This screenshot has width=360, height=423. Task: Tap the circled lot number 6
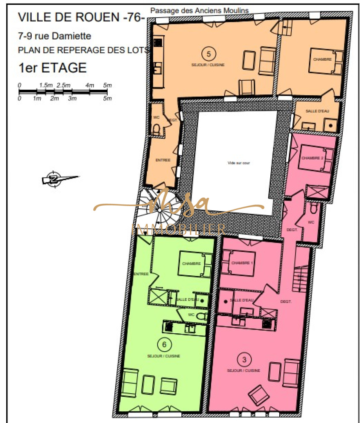(x=164, y=344)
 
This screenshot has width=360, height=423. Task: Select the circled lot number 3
(x=244, y=359)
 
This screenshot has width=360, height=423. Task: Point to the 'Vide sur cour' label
(x=239, y=163)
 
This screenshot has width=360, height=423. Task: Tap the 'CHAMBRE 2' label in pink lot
(x=312, y=158)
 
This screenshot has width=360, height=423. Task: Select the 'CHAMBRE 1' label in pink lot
(x=242, y=262)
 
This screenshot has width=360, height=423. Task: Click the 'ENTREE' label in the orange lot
(x=163, y=160)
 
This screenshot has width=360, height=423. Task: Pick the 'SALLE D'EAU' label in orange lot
(x=317, y=111)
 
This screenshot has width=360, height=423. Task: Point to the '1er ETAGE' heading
(x=52, y=68)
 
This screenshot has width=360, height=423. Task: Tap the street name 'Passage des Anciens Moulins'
(x=199, y=11)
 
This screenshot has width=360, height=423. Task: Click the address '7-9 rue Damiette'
(x=54, y=36)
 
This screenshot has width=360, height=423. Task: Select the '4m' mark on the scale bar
(x=90, y=85)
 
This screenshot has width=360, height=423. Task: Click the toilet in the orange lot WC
(x=156, y=129)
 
